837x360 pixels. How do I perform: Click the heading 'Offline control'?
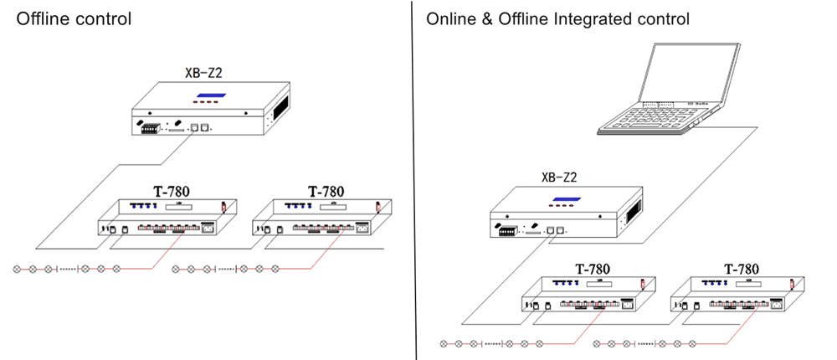74,18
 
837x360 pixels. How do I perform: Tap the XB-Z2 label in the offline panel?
203,73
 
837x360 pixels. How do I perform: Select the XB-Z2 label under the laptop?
561,177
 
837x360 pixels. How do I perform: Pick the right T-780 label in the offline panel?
326,191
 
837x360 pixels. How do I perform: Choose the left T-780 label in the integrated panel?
592,269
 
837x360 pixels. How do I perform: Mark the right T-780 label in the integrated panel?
742,269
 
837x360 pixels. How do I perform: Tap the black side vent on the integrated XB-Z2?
638,210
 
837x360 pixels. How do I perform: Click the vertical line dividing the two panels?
415,180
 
